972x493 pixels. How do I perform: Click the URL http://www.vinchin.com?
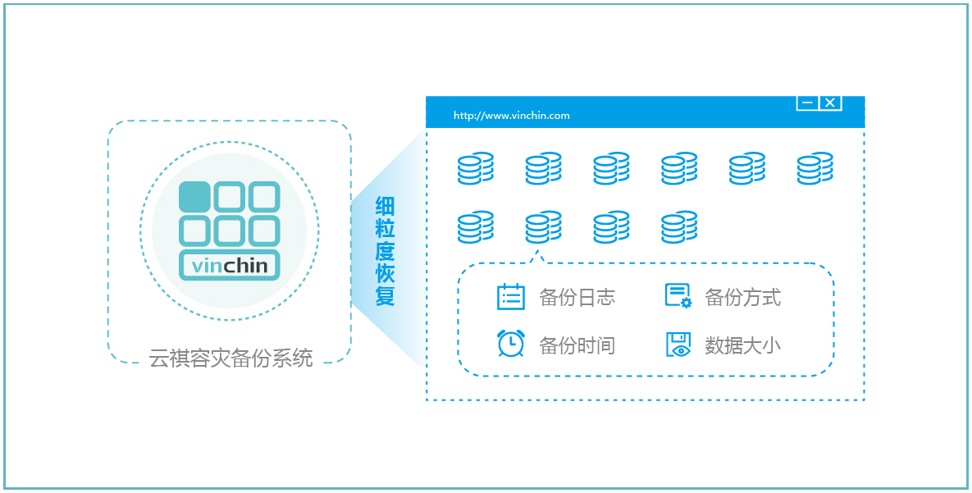tap(511, 116)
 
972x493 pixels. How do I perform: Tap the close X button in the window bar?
tap(830, 103)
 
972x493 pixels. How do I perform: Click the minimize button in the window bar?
tap(807, 103)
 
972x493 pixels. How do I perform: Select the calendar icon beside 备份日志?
tap(511, 296)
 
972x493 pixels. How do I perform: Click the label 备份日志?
tap(577, 297)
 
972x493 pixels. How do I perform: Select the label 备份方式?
tap(743, 297)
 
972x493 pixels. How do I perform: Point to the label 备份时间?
tap(577, 345)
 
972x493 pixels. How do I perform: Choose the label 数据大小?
tap(743, 345)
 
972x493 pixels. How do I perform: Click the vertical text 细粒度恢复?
tap(385, 251)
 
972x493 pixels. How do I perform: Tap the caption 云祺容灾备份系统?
tap(230, 358)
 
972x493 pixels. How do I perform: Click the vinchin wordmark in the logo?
tap(230, 266)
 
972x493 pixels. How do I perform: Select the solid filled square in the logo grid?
tap(194, 197)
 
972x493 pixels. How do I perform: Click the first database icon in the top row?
tap(476, 168)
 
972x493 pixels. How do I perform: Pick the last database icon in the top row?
tap(815, 168)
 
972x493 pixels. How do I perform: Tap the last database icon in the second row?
tap(679, 227)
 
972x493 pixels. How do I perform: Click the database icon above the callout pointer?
tap(543, 227)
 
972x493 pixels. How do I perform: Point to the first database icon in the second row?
tap(476, 227)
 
